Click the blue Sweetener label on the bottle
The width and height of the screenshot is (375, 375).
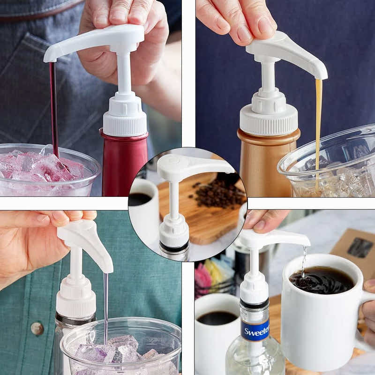pos(255,330)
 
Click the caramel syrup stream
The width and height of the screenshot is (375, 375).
pos(319,127)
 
